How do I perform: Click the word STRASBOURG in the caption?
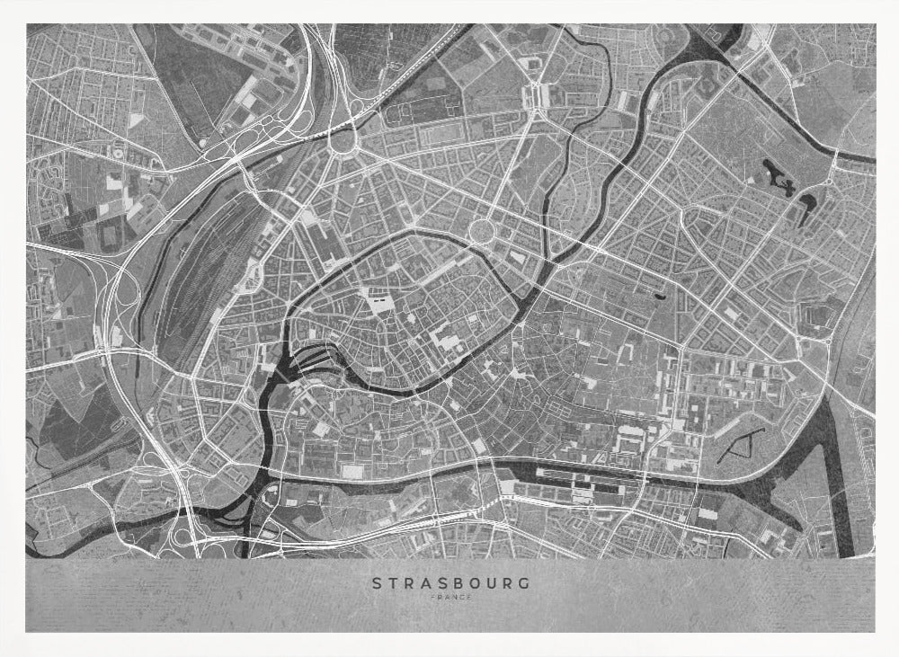[x=450, y=582]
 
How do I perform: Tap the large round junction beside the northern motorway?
[x=343, y=139]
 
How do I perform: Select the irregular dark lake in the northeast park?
[x=777, y=175]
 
